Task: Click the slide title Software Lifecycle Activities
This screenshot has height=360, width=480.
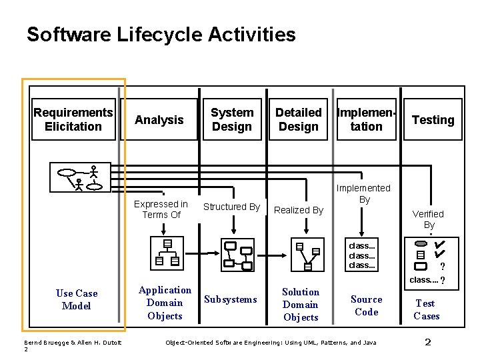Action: [x=161, y=34]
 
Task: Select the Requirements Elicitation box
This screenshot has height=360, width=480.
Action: [x=73, y=120]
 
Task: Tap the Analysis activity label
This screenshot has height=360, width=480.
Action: [x=159, y=120]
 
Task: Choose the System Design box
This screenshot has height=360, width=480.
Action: [x=232, y=120]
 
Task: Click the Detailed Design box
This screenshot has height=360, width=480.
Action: [x=299, y=120]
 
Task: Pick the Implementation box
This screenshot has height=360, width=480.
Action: [x=367, y=120]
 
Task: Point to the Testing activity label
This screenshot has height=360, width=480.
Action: [x=433, y=120]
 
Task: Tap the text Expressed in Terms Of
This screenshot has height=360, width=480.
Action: [x=161, y=209]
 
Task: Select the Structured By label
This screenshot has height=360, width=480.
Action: [x=231, y=207]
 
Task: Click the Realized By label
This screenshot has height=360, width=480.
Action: [x=299, y=210]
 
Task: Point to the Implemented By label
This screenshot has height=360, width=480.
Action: [x=364, y=193]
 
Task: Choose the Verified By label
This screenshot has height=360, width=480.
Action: [x=428, y=219]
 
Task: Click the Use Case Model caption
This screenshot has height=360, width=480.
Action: [x=77, y=299]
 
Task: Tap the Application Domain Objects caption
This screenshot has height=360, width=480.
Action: [x=165, y=303]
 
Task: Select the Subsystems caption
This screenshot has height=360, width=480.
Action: [x=231, y=299]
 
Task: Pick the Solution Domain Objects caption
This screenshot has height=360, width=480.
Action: [x=301, y=305]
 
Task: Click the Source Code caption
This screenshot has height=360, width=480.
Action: [x=367, y=305]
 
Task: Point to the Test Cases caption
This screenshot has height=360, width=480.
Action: [x=426, y=309]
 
